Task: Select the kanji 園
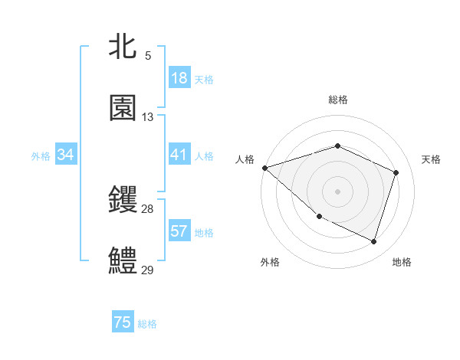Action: pos(123,108)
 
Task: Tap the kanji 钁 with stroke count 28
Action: pos(123,201)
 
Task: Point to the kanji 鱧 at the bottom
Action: pos(123,260)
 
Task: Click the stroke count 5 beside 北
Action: pos(148,56)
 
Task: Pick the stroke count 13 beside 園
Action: pos(148,117)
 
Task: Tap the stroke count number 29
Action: pos(148,270)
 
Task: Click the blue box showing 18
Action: pos(179,78)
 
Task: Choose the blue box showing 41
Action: pos(179,155)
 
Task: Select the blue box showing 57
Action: pos(179,231)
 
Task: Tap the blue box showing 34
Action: pos(66,155)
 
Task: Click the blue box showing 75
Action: pos(123,323)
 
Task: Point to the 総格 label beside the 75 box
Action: pos(147,324)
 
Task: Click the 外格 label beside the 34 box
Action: pos(41,156)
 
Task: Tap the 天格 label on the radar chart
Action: pos(432,159)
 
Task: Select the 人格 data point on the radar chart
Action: pos(264,168)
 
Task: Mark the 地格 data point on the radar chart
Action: pos(374,242)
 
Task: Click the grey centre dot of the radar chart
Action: pos(337,191)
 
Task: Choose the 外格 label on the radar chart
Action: pos(270,262)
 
